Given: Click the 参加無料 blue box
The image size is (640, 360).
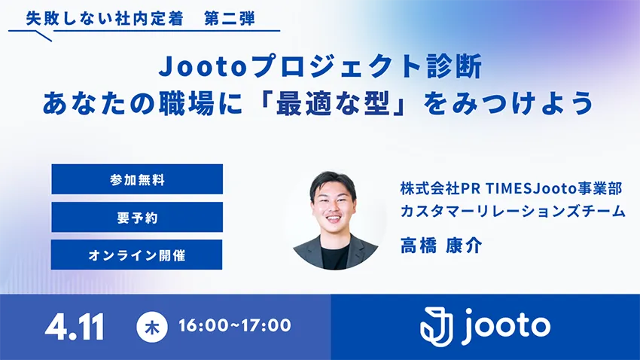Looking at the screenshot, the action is pos(137,179).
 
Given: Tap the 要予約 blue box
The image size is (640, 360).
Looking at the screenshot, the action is pos(137,217).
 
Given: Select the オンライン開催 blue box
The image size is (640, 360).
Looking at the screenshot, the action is pos(137,255).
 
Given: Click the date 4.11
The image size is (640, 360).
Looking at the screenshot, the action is pos(75,327).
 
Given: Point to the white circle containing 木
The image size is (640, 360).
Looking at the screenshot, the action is pos(152,327).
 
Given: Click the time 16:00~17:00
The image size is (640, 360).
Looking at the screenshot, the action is pos(235,325).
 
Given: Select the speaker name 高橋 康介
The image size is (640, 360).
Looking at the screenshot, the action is pos(441,246).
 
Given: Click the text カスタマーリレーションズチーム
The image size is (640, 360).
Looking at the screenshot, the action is pos(513,211).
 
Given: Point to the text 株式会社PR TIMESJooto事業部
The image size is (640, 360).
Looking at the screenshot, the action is pos(511,188).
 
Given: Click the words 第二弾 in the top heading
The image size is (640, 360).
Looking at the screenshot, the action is pos(230,19).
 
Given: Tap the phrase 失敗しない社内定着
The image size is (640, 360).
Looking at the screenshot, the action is pos(105,19).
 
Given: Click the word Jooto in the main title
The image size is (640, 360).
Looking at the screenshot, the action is pos(202,66).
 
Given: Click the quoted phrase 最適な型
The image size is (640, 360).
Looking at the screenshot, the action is pos(333,103).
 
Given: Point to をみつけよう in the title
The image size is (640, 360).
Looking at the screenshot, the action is pos(508,103).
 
